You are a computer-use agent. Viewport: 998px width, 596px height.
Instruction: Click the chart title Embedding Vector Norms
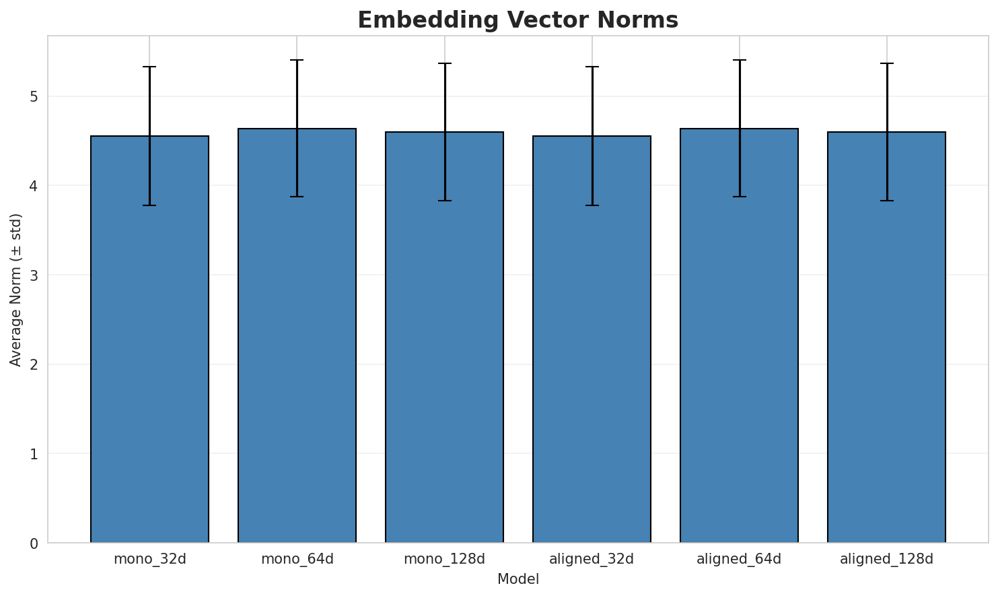click(518, 20)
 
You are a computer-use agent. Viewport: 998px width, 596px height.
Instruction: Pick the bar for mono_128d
click(444, 337)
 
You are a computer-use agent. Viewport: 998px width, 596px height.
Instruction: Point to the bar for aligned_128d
click(886, 337)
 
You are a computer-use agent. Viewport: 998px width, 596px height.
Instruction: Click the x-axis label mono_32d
click(149, 559)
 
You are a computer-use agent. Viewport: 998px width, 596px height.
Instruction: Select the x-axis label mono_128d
click(444, 559)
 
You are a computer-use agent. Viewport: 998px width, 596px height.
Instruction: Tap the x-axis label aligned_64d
click(739, 559)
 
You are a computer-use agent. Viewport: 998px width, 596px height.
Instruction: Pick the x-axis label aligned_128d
click(886, 559)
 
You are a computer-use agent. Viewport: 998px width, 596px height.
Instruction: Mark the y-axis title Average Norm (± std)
click(16, 290)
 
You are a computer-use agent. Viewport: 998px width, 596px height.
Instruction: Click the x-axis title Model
click(518, 579)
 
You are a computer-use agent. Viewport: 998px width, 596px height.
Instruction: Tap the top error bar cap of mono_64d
click(297, 60)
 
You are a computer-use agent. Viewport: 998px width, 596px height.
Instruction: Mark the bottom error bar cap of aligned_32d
click(592, 205)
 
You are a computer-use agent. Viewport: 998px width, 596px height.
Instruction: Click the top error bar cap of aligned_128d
click(886, 63)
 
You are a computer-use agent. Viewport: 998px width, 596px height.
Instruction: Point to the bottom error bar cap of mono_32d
click(149, 205)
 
